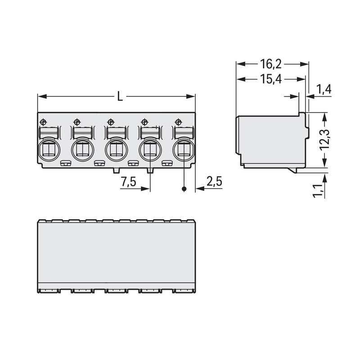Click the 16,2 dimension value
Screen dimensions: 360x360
(x=271, y=64)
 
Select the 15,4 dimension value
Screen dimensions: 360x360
(x=271, y=79)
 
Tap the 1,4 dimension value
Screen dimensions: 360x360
(x=324, y=89)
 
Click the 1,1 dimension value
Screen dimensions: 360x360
(x=318, y=191)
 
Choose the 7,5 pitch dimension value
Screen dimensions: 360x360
(x=129, y=182)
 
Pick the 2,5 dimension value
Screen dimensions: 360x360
(x=214, y=181)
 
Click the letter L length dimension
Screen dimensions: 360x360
(x=120, y=96)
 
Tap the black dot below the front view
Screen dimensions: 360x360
(x=184, y=189)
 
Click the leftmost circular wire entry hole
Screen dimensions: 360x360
(x=49, y=150)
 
